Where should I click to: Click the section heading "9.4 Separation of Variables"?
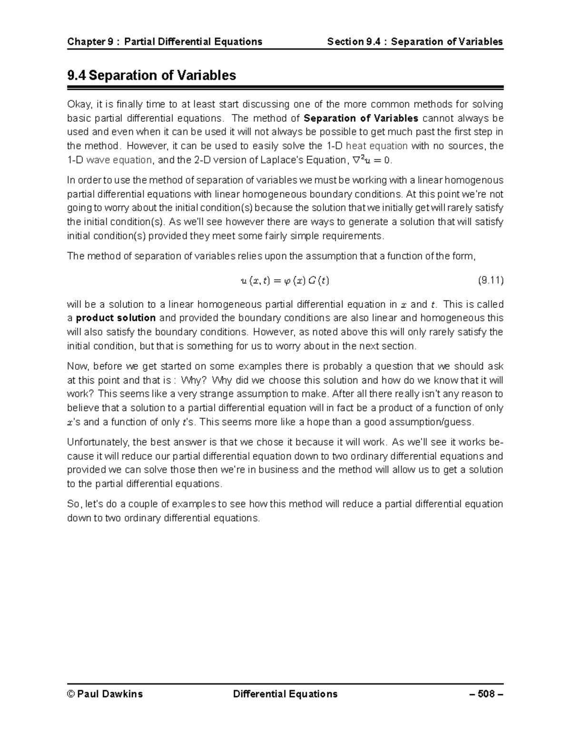click(x=152, y=75)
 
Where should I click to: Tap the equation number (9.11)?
click(x=490, y=280)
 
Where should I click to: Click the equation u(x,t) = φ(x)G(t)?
click(x=285, y=281)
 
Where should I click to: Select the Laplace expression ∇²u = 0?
click(x=371, y=160)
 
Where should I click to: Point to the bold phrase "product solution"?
click(x=116, y=318)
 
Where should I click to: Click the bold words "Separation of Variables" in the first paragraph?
click(x=361, y=118)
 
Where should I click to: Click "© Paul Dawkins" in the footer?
click(x=105, y=694)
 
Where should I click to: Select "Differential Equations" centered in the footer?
click(x=285, y=694)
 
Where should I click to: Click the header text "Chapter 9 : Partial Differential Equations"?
click(x=165, y=41)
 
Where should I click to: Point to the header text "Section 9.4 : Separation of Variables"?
click(x=415, y=41)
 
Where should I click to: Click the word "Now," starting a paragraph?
click(x=78, y=366)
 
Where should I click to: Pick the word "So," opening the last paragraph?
click(x=75, y=504)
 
